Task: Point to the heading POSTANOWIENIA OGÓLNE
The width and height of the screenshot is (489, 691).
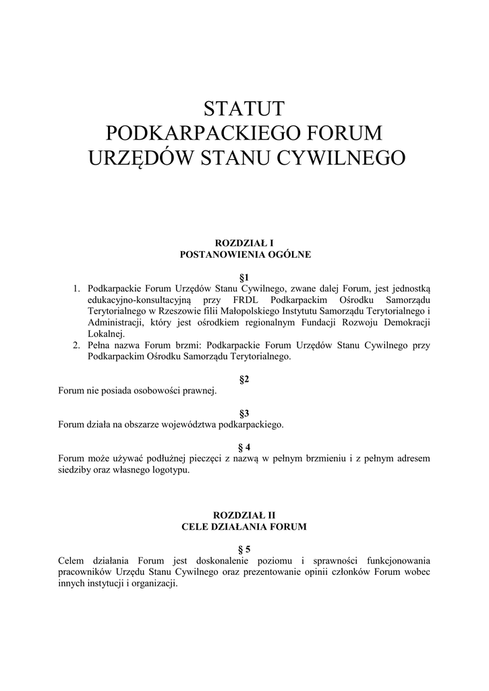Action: [244, 254]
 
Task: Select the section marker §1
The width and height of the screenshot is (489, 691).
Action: [244, 277]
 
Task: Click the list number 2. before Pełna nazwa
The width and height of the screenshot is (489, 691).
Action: [77, 345]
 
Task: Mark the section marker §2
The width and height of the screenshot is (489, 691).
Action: [244, 379]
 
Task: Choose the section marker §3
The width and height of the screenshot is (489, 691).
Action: [244, 413]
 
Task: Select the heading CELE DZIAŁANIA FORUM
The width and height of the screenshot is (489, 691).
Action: [244, 526]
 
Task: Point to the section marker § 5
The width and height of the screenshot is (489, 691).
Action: [244, 549]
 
